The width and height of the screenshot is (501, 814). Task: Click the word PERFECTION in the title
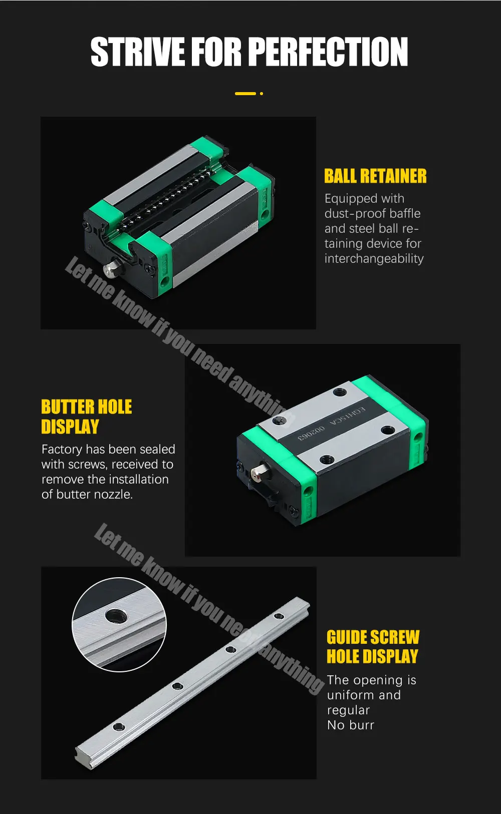(328, 52)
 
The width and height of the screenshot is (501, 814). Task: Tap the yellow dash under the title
(245, 94)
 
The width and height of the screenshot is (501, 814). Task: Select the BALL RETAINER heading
(375, 176)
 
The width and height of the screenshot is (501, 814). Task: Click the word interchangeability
(374, 259)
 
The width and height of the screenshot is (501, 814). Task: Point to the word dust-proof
(347, 214)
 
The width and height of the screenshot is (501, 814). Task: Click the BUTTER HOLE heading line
(86, 407)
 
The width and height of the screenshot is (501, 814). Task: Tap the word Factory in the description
(62, 449)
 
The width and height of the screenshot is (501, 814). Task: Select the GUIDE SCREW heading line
(373, 637)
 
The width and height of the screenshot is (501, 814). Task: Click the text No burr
(350, 725)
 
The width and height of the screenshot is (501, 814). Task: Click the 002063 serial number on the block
(312, 433)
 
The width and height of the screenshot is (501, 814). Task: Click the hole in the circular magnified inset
(116, 616)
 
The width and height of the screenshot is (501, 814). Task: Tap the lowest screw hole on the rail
(119, 726)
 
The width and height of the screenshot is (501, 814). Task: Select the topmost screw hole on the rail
(279, 616)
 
